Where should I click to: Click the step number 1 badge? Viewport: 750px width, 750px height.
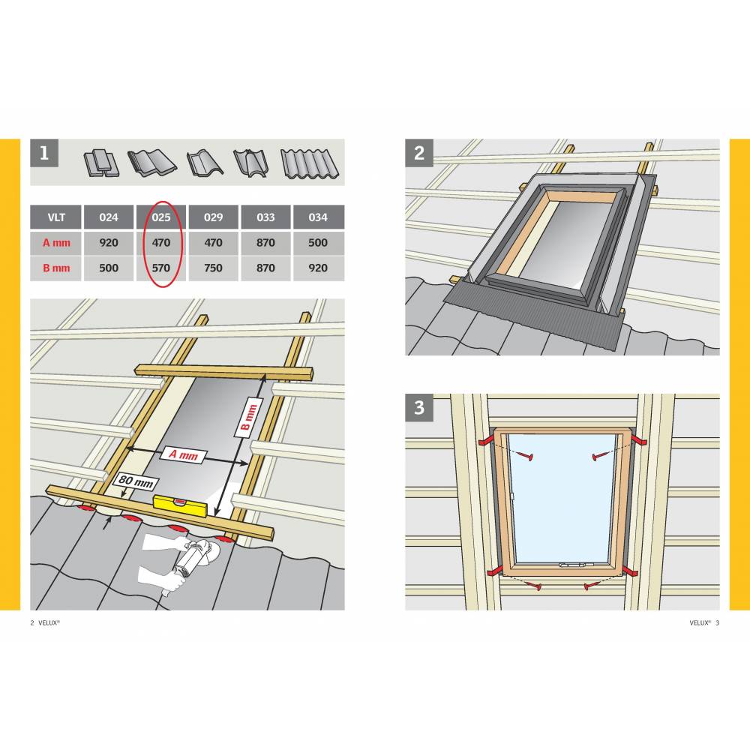pos(44,153)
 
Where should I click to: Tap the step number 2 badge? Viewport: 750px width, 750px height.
pos(419,153)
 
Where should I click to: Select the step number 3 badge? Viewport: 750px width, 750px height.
pos(419,407)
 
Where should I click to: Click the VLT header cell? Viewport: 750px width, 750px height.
pos(56,217)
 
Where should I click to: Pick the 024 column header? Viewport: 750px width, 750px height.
pos(109,217)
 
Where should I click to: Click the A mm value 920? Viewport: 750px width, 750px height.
pos(109,243)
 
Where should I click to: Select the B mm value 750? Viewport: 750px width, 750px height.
pos(213,268)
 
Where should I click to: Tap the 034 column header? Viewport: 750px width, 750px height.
pos(318,217)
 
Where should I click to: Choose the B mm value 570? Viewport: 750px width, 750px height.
pos(161,268)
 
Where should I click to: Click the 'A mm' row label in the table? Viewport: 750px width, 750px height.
pos(56,243)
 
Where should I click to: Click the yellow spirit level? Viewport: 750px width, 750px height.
pos(180,506)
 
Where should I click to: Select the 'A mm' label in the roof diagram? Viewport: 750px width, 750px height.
pos(184,454)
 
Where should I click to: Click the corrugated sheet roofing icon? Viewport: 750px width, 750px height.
pos(310,163)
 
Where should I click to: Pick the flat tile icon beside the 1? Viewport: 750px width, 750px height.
pos(101,163)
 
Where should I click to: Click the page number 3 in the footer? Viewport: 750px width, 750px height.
pos(718,622)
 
